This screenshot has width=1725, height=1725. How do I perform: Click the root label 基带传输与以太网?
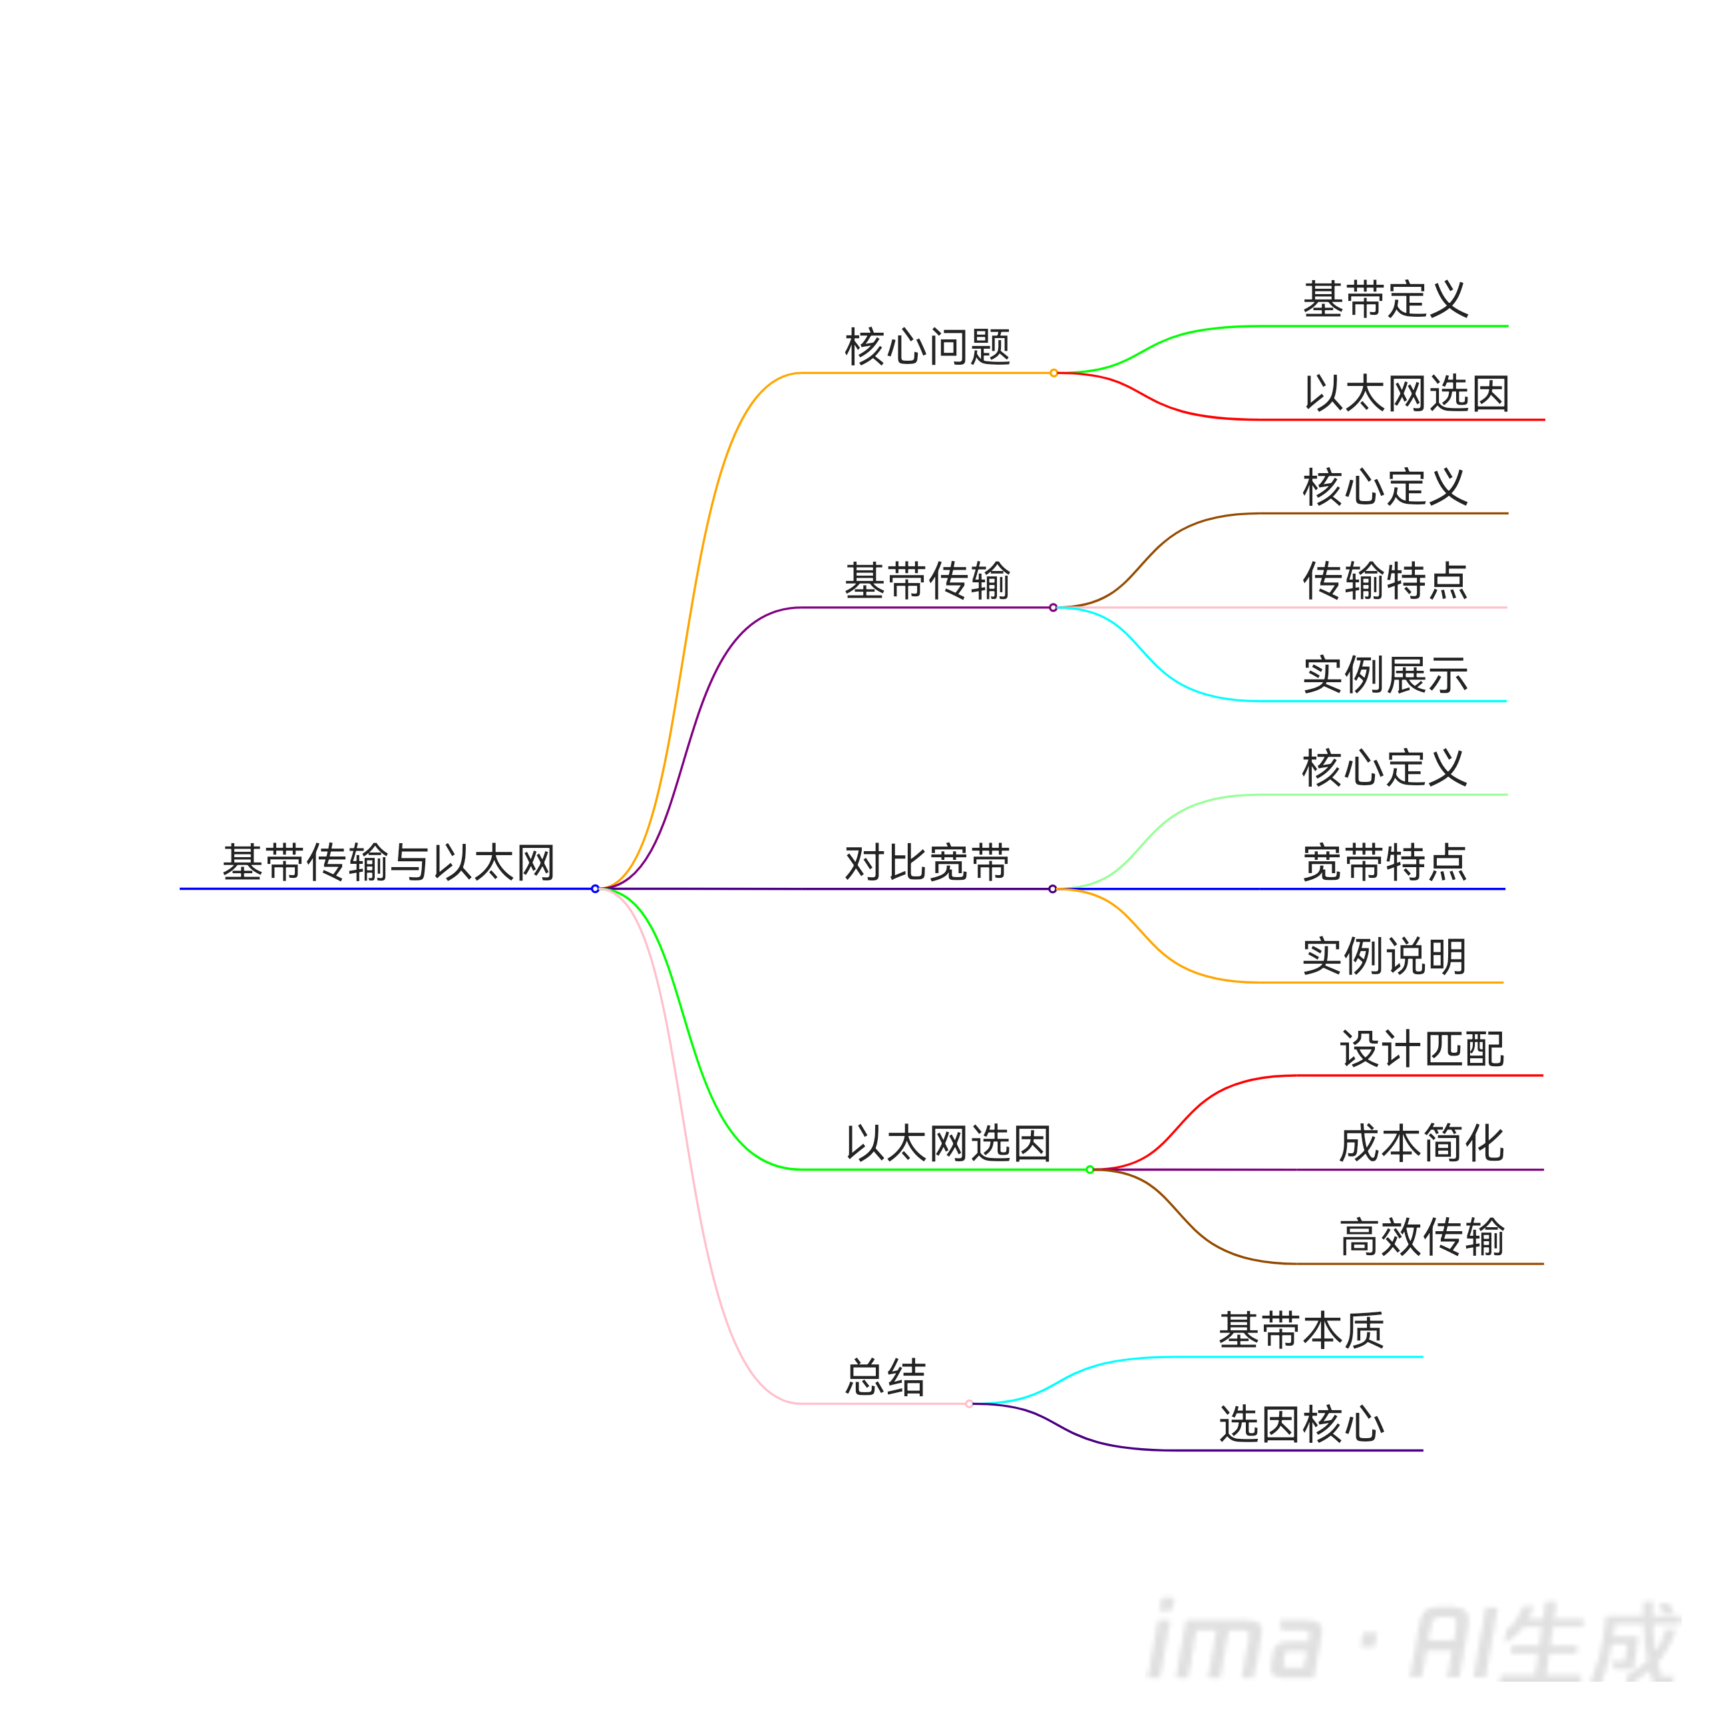pos(389,862)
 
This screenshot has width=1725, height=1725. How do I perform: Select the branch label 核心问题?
pos(928,347)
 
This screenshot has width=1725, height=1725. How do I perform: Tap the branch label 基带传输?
pos(928,581)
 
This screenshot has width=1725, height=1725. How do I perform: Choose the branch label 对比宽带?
pos(928,862)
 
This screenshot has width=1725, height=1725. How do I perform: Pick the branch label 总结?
pos(886,1378)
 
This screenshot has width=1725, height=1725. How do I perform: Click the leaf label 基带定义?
pos(1386,299)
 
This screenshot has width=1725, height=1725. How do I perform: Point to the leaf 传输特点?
pos(1386,581)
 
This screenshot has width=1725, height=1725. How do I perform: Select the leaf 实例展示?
pos(1386,675)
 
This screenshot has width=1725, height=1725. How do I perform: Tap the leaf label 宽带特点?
pos(1386,862)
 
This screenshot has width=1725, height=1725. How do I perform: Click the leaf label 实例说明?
pos(1386,956)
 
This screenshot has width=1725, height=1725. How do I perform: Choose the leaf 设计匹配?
pos(1422,1049)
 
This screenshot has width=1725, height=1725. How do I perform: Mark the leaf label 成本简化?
pos(1422,1144)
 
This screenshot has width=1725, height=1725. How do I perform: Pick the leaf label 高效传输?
pos(1422,1237)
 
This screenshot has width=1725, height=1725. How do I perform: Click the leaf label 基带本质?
pos(1302,1330)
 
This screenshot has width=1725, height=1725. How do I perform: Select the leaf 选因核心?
pos(1302,1424)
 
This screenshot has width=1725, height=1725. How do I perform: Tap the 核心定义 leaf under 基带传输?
pos(1386,488)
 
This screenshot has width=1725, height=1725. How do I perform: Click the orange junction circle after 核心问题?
pos(1054,373)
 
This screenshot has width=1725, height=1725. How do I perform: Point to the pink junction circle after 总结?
pos(969,1404)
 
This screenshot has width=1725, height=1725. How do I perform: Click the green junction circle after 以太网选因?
pos(1089,1170)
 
